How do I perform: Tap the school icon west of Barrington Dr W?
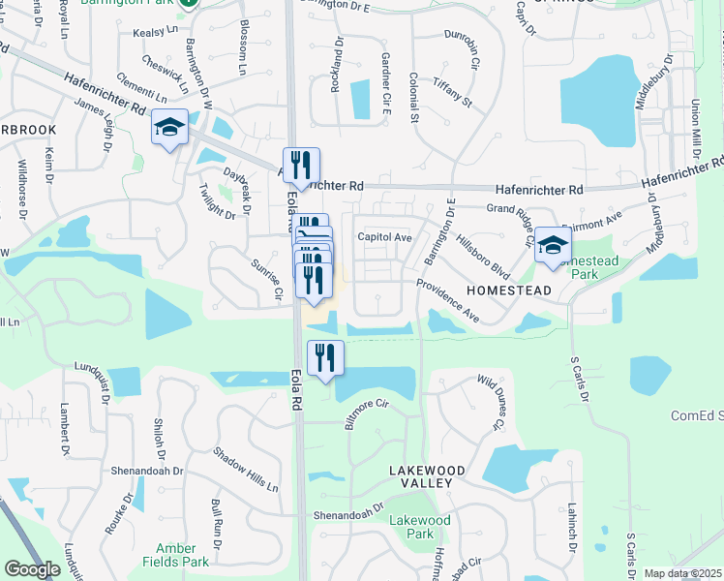point(169,127)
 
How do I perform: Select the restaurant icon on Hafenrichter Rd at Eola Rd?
point(301,165)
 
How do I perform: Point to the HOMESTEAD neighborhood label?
point(510,290)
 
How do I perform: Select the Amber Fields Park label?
point(182,555)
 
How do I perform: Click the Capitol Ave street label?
point(385,237)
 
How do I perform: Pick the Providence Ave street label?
point(448,301)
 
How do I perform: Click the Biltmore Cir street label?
point(367,413)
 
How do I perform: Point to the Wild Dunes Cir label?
point(491,403)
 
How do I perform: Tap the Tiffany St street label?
point(452,91)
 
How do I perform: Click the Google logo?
point(32,569)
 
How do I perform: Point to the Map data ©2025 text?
point(683,573)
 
